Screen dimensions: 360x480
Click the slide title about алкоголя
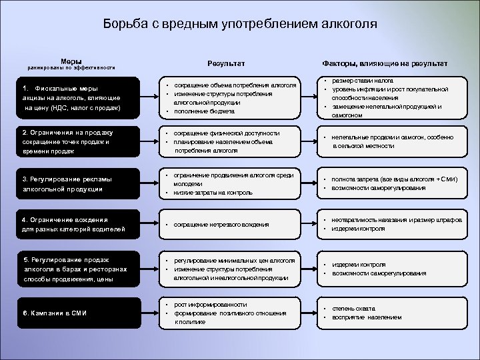pos(240,25)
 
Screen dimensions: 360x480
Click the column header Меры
pos(71,61)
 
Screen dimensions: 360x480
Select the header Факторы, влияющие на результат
pos(385,63)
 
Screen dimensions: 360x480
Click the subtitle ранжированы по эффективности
pos(71,68)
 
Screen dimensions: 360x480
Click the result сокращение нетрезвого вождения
pos(221,225)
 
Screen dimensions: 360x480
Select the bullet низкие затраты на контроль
pos(213,193)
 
